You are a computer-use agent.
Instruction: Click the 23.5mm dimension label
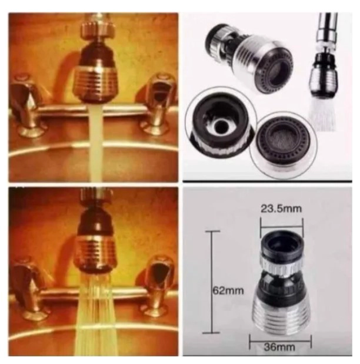point(281,209)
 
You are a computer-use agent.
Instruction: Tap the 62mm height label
point(228,290)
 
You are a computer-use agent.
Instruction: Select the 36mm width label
point(279,348)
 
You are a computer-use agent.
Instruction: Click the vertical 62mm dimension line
point(211,282)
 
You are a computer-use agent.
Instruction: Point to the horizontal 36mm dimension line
point(280,341)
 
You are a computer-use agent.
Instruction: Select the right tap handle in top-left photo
point(158,102)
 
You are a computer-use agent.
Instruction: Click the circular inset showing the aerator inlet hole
point(221,123)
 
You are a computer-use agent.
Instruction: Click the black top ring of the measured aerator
point(281,244)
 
